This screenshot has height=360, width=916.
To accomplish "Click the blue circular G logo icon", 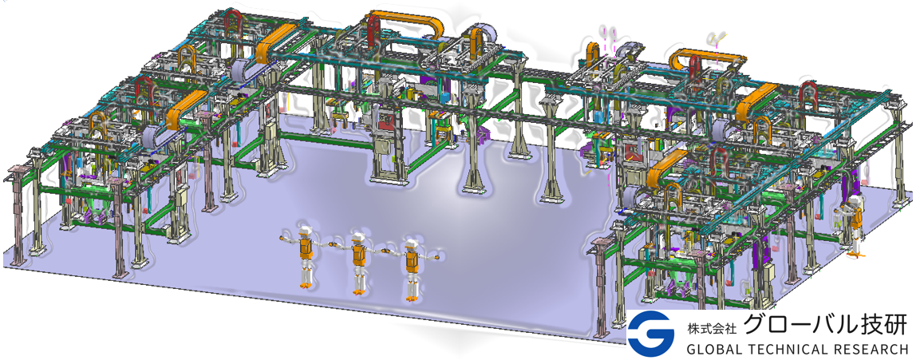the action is [652, 333].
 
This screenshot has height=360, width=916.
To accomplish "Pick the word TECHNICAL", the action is [789, 349].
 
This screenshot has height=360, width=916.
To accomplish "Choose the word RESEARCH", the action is [871, 349].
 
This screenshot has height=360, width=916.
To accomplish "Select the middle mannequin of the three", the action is [357, 262].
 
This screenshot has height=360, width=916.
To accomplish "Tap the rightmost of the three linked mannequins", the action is [411, 269].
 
